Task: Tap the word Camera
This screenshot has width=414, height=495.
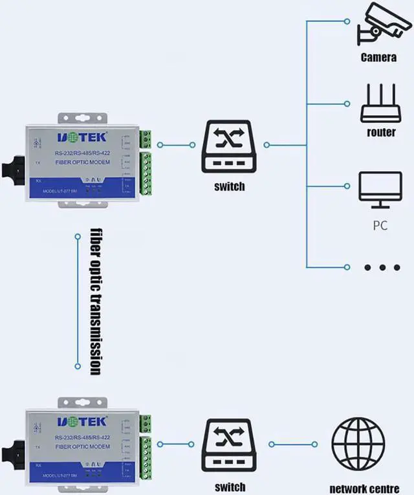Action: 379,57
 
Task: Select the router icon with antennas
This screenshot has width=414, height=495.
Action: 380,103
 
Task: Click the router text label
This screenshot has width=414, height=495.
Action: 381,132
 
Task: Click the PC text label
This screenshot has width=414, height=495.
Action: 380,227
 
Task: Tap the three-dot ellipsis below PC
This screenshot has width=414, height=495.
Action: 382,267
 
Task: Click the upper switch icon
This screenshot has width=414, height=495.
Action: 230,146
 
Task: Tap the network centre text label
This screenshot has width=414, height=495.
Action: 365,487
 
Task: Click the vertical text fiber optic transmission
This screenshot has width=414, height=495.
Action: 96,301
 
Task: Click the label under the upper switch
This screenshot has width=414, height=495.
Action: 230,186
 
